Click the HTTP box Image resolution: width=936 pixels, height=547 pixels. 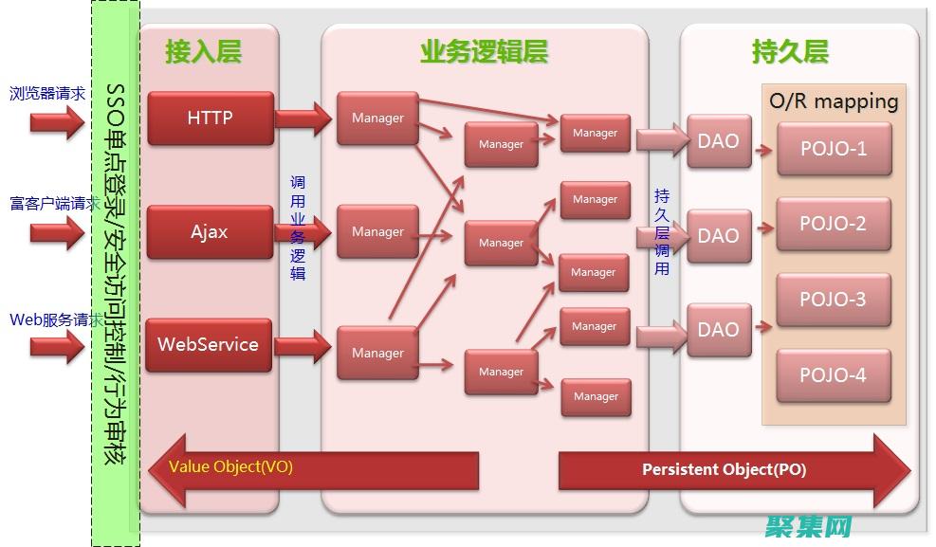pyautogui.click(x=210, y=119)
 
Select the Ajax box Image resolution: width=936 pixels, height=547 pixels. pyautogui.click(x=210, y=231)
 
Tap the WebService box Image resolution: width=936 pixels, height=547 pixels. pyautogui.click(x=208, y=345)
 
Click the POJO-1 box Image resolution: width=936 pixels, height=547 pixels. pyautogui.click(x=834, y=149)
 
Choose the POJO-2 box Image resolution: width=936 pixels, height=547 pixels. pyautogui.click(x=834, y=225)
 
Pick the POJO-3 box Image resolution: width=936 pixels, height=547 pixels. pyautogui.click(x=834, y=300)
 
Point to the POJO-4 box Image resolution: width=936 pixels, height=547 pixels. pyautogui.click(x=834, y=375)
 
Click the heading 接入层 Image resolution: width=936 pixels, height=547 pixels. pyautogui.click(x=203, y=51)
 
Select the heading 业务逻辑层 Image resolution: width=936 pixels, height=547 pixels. pyautogui.click(x=484, y=51)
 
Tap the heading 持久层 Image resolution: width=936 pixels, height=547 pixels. pyautogui.click(x=790, y=51)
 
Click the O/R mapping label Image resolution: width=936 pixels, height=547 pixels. pyautogui.click(x=834, y=101)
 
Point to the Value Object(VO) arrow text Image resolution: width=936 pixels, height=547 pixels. pyautogui.click(x=230, y=466)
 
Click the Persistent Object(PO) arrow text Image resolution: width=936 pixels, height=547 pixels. pyautogui.click(x=724, y=469)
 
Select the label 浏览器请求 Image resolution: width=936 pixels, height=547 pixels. pyautogui.click(x=47, y=94)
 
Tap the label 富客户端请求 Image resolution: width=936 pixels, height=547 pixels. pyautogui.click(x=55, y=204)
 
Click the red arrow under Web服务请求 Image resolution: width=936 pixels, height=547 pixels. pyautogui.click(x=56, y=346)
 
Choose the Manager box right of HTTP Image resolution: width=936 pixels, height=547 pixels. pyautogui.click(x=377, y=119)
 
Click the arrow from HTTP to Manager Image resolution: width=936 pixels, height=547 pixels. pyautogui.click(x=303, y=119)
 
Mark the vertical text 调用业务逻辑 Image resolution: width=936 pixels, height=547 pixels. pyautogui.click(x=298, y=228)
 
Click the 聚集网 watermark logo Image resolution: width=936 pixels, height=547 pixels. pyautogui.click(x=811, y=526)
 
